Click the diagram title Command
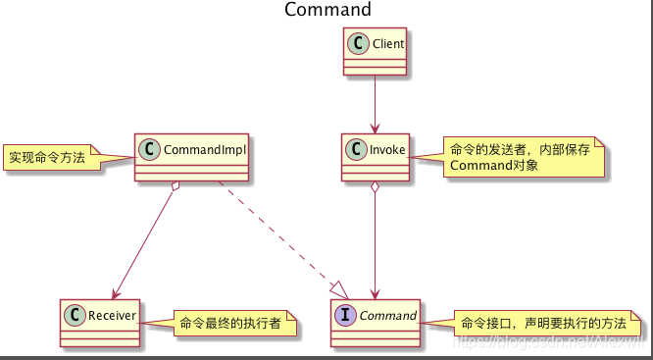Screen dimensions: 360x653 [327, 10]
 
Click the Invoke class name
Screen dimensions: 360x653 [383, 150]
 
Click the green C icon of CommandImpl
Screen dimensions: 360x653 [150, 150]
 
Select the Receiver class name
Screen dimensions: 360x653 [109, 315]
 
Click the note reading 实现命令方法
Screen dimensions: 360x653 [47, 157]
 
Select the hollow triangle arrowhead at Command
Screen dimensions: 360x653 [338, 289]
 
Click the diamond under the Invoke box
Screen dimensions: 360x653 [375, 188]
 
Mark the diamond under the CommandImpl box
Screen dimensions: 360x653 [174, 188]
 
